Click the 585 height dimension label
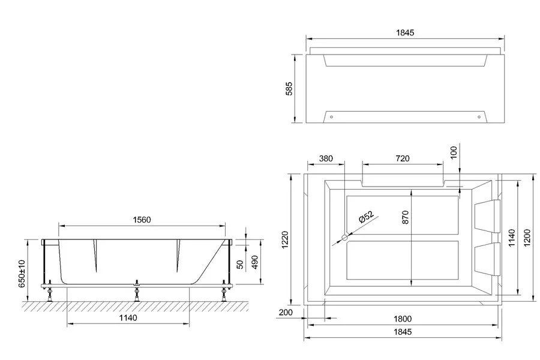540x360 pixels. tap(289, 88)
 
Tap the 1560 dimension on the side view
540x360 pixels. tap(141, 220)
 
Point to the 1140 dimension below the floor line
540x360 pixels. tap(128, 317)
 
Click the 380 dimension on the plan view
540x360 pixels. tap(326, 159)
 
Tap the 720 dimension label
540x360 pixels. tap(403, 159)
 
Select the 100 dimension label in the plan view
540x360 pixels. tap(454, 153)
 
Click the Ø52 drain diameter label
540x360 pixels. tap(366, 217)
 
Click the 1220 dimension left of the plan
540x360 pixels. tap(286, 240)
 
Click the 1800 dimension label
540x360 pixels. tap(403, 319)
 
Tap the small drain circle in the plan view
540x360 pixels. tap(345, 238)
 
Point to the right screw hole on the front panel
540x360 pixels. tap(479, 116)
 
